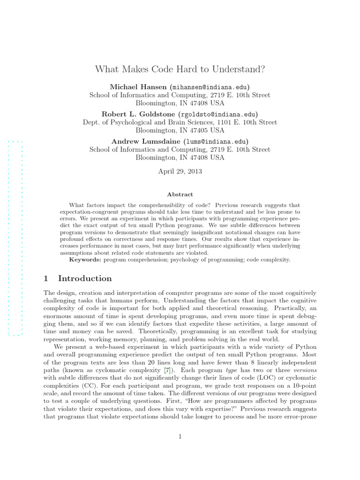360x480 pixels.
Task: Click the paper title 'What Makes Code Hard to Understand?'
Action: [x=180, y=70]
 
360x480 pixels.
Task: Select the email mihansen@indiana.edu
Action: [x=203, y=87]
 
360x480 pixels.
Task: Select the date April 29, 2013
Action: [x=180, y=171]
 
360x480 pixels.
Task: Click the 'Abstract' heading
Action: [x=180, y=194]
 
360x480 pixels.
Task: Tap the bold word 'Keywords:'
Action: [x=85, y=259]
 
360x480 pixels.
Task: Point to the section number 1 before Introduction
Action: [x=46, y=278]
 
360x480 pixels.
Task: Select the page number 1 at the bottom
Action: [x=180, y=437]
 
